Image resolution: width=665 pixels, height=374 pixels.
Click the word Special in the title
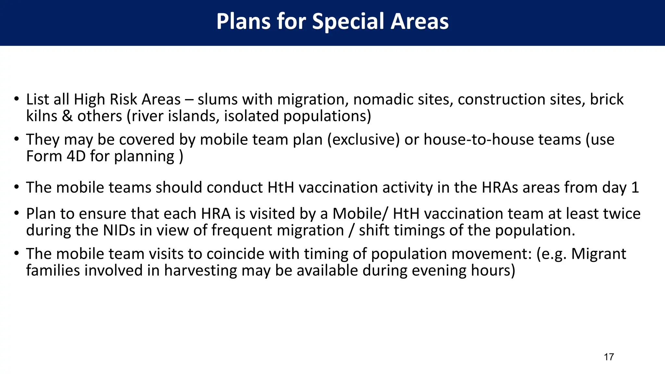pos(348,21)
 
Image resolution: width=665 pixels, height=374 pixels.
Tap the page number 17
pos(609,357)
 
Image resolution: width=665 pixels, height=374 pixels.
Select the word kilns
pos(42,116)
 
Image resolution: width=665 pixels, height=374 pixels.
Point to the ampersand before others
pos(67,116)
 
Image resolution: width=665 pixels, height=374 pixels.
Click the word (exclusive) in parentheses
pos(363,140)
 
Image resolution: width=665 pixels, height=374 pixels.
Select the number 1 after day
pos(635,188)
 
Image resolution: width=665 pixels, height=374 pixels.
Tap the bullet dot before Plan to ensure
pos(16,213)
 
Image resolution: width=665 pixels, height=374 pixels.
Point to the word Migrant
pos(598,254)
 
